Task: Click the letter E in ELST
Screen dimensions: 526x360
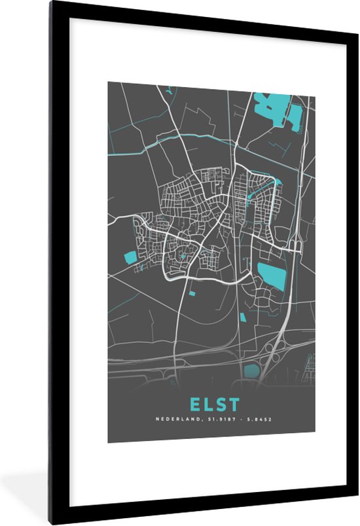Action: [x=194, y=404]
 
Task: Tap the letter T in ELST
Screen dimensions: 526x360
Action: [x=234, y=404]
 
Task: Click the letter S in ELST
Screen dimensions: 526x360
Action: [x=221, y=404]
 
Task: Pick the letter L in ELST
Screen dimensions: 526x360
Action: [x=207, y=404]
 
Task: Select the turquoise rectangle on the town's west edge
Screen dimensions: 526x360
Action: [x=130, y=256]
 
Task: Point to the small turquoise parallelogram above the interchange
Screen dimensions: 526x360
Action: [x=243, y=317]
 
